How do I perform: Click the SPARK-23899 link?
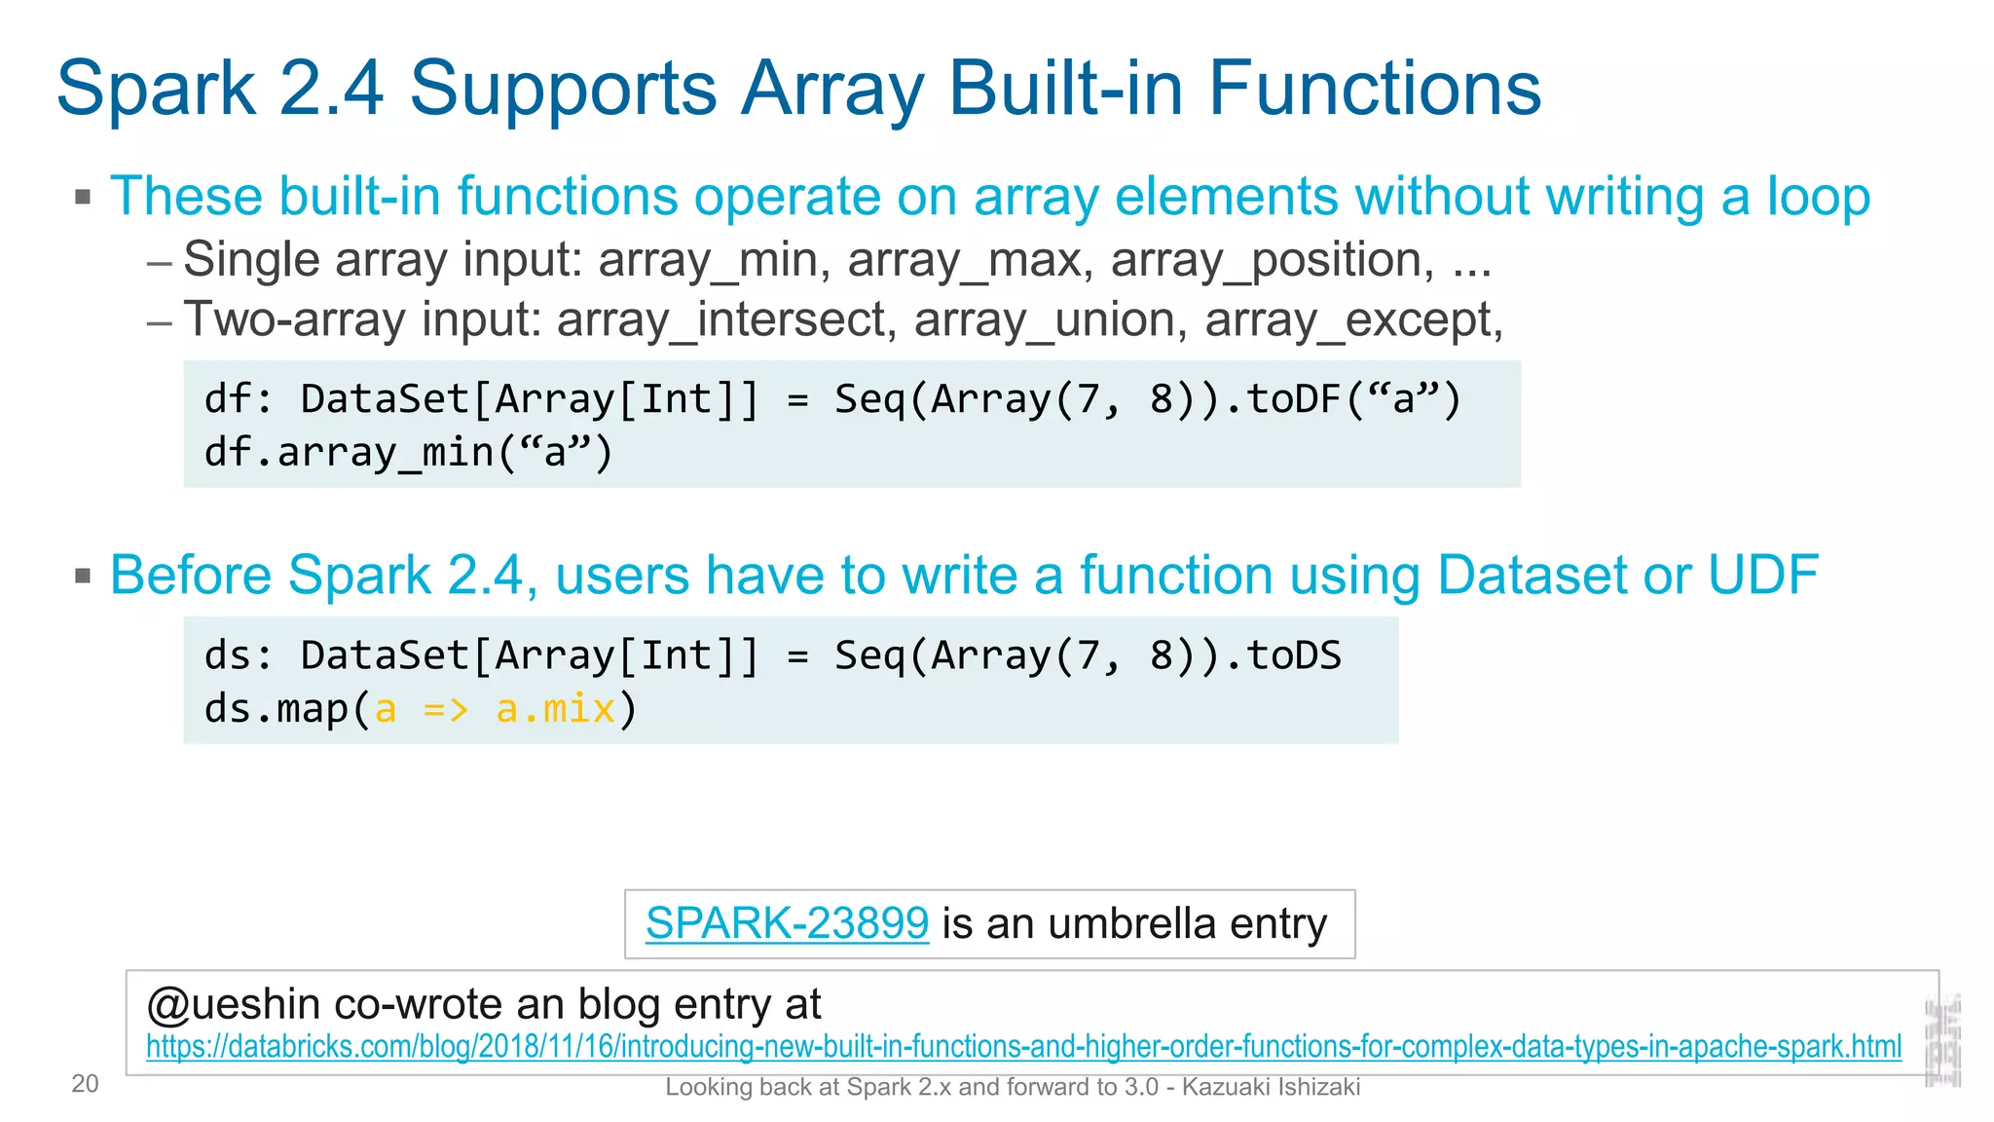(787, 922)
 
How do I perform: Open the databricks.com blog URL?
(1022, 1047)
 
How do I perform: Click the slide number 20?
(85, 1084)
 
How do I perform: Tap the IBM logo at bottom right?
(1942, 1040)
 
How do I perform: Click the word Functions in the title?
(1374, 89)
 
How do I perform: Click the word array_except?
(1348, 320)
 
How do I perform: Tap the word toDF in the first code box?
(1294, 399)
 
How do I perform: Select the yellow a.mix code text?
(555, 709)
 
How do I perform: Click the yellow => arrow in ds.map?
(446, 709)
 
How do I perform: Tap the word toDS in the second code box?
(1294, 655)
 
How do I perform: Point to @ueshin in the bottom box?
(234, 1004)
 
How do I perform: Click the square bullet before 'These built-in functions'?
(83, 198)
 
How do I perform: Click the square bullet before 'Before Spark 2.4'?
(83, 577)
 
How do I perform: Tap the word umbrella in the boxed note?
(1131, 923)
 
